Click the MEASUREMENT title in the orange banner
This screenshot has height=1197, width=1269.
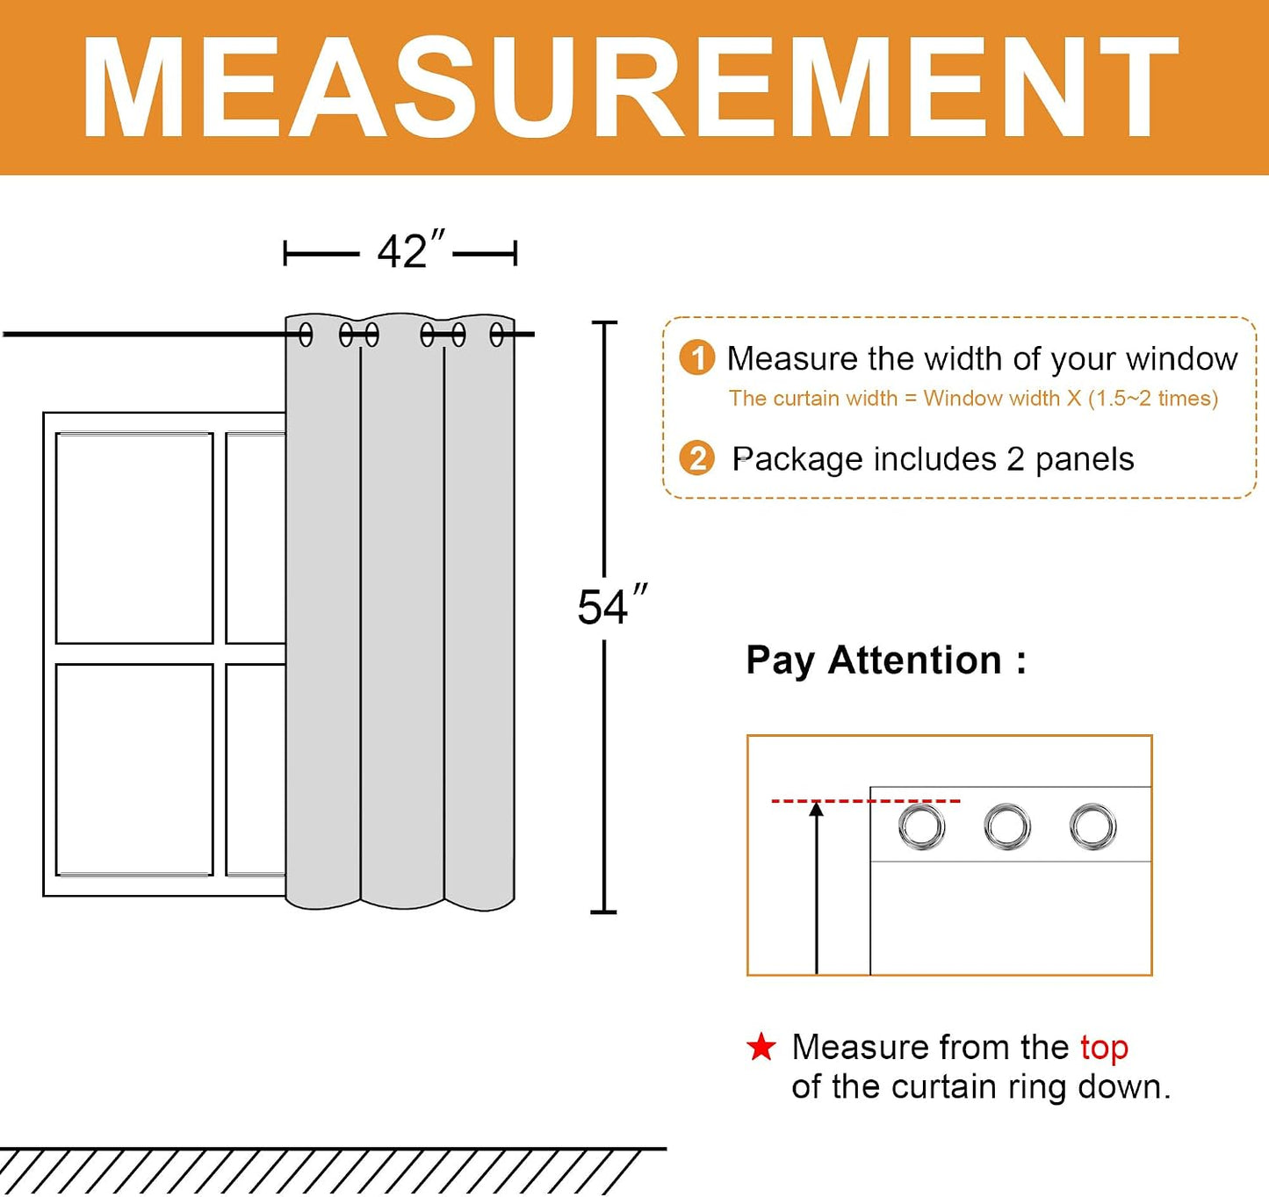point(630,88)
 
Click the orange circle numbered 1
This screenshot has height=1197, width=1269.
point(697,358)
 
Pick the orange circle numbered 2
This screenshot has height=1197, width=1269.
point(697,458)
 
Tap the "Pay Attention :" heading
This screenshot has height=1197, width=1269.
point(886,660)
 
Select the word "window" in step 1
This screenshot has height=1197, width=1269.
point(1181,358)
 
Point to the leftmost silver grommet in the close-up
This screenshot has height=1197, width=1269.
point(921,827)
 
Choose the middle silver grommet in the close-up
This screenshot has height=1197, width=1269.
point(1007,827)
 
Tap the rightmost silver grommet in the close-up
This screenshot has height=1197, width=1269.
point(1092,827)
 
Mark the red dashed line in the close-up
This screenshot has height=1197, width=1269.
point(866,800)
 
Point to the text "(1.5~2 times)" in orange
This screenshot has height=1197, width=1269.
point(1153,399)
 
